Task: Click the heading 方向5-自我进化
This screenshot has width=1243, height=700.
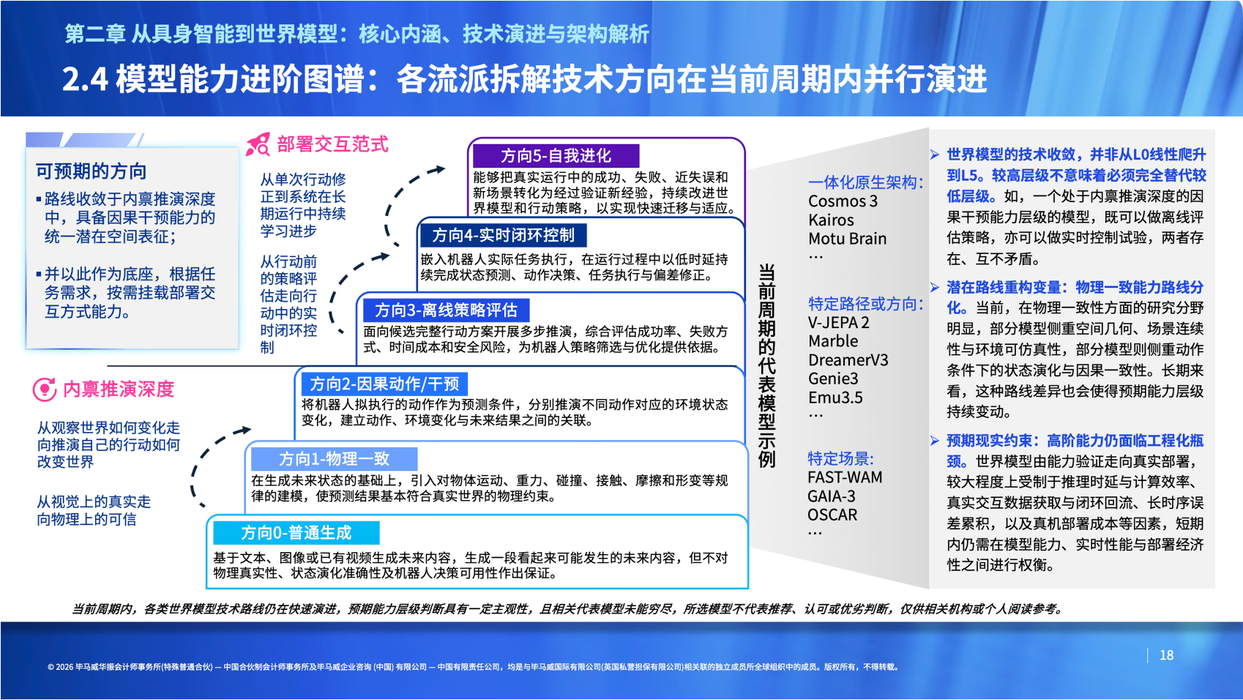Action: point(556,156)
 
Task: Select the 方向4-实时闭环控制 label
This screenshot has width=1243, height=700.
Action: point(504,235)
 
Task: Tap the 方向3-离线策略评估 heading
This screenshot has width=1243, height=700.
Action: point(446,310)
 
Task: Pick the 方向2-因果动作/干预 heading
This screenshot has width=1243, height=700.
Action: point(384,384)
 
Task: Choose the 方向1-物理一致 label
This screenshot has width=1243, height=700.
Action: point(334,459)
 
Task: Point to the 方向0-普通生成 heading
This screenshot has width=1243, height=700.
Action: point(296,533)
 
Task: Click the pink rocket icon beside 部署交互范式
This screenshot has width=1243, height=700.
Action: point(258,144)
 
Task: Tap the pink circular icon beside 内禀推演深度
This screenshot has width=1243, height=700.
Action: point(45,389)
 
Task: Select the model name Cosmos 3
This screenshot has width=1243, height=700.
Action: point(843,201)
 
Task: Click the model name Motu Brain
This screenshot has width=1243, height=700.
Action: point(848,239)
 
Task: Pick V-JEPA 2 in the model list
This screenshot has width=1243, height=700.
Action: point(838,322)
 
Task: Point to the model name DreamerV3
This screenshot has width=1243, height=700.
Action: point(848,360)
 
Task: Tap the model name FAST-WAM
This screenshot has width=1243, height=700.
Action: point(845,477)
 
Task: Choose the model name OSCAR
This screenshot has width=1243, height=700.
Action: point(832,515)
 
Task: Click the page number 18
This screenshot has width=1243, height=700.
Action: point(1166,655)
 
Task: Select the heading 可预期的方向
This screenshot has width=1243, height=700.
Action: point(91,171)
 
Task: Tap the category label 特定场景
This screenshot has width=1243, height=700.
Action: point(840,458)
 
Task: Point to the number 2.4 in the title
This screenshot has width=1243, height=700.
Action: point(85,79)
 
